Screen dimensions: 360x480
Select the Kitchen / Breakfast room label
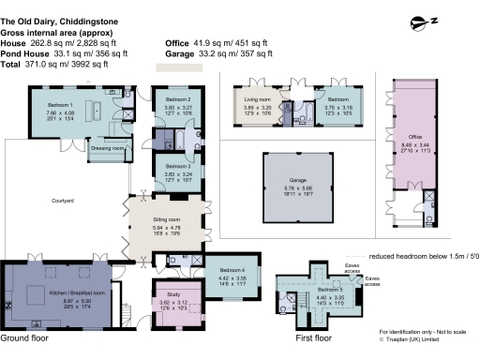59,292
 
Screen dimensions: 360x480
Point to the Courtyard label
64,201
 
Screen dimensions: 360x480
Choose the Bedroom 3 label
178,166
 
